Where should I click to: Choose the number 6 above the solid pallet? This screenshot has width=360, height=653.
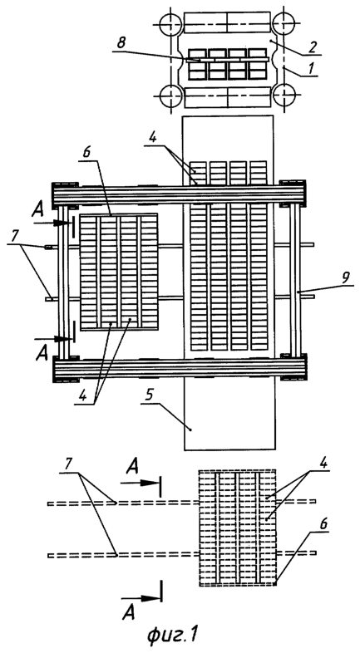(x=87, y=152)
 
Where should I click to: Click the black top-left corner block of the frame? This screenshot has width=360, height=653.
(x=65, y=195)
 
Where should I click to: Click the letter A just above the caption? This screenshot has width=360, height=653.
(x=129, y=612)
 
